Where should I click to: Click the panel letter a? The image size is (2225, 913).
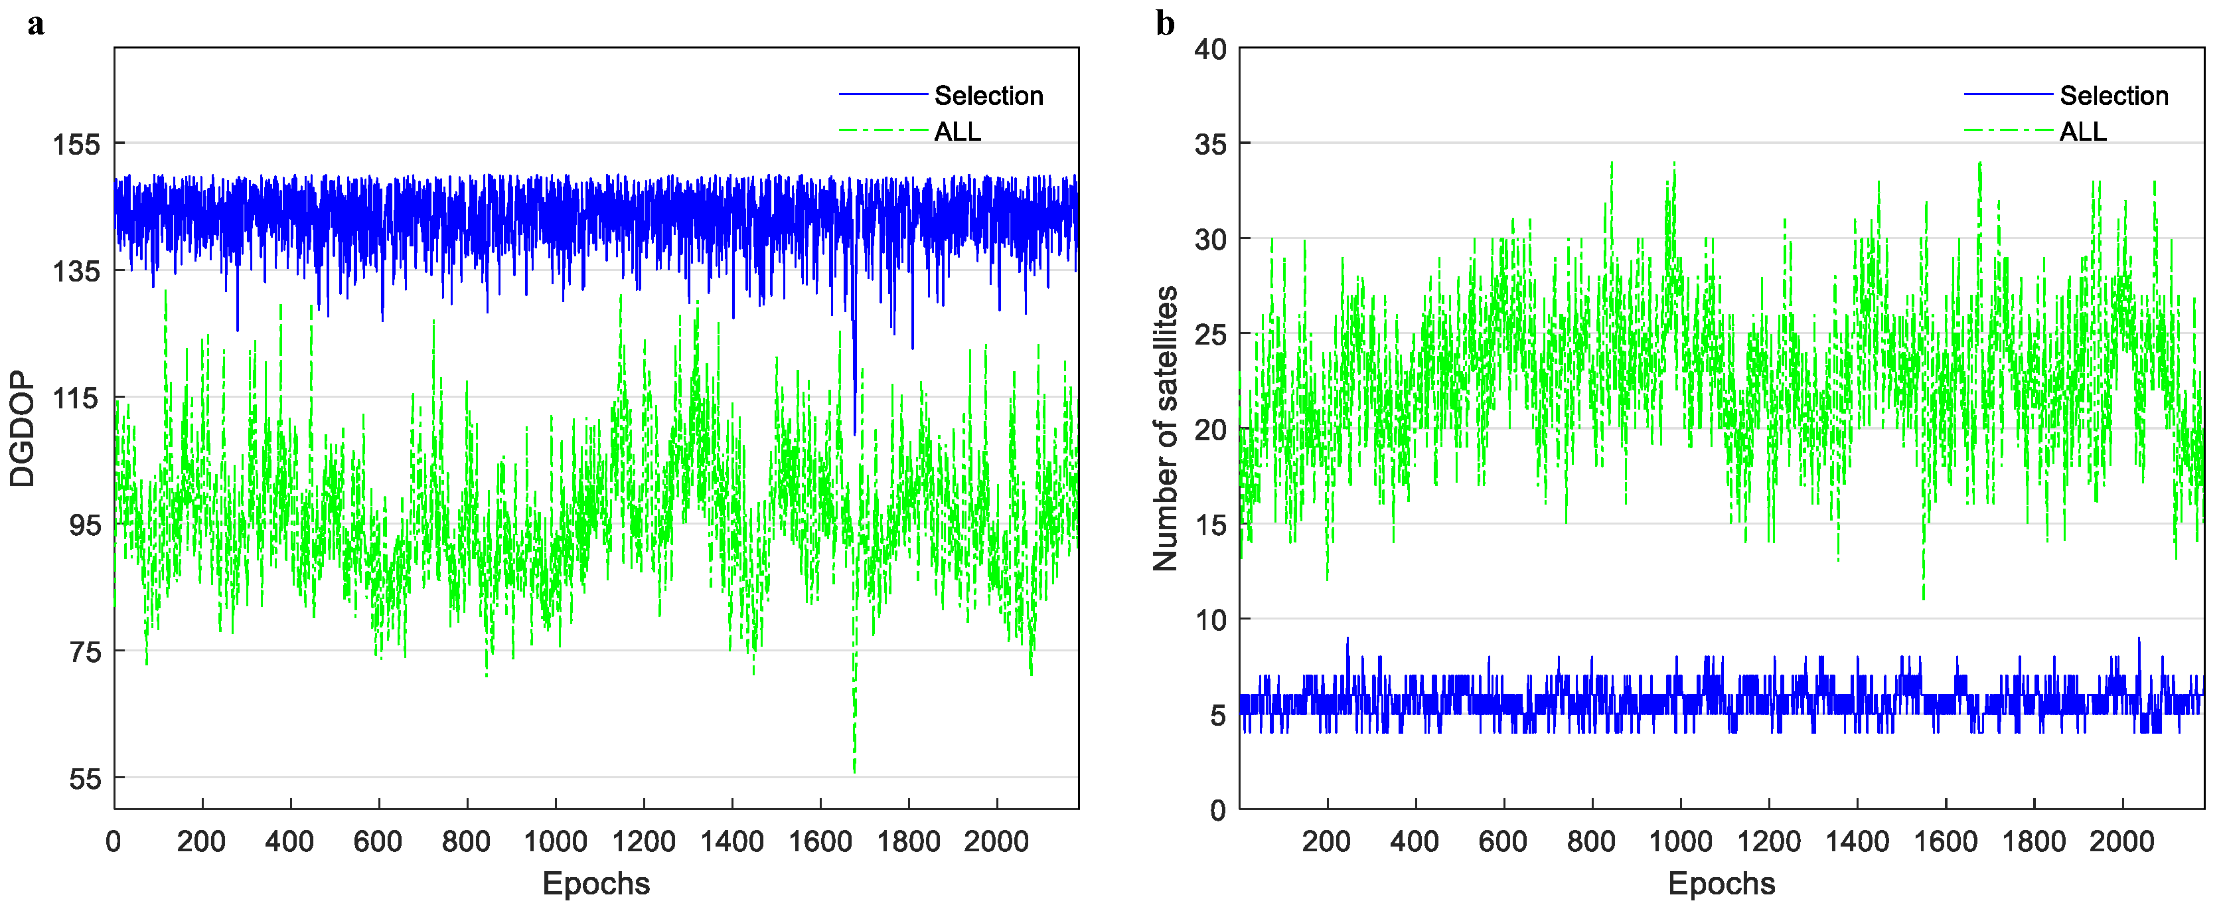click(x=35, y=24)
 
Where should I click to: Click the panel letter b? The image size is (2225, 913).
click(x=1165, y=24)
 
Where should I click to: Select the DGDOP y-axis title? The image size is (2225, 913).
click(x=23, y=430)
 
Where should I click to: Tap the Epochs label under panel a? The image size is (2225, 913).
click(x=596, y=884)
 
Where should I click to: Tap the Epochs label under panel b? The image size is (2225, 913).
click(x=1721, y=884)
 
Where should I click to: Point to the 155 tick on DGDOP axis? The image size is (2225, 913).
click(x=77, y=144)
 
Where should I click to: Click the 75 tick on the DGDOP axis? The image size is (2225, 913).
click(x=85, y=652)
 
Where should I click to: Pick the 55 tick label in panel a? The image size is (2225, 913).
click(x=85, y=779)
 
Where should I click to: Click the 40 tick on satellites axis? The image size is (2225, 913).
click(x=1210, y=49)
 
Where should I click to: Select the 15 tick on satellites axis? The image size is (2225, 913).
click(x=1210, y=525)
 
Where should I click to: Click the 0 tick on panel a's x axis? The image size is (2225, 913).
click(x=113, y=841)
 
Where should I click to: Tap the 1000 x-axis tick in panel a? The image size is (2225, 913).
click(x=556, y=841)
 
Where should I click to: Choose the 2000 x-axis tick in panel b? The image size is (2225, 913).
click(x=2122, y=841)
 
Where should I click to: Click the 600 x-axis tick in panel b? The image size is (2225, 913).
click(x=1503, y=841)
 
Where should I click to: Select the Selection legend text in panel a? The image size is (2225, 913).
click(x=989, y=95)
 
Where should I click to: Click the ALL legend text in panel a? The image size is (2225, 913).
click(x=958, y=131)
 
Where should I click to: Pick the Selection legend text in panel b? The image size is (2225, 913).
click(x=2114, y=95)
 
